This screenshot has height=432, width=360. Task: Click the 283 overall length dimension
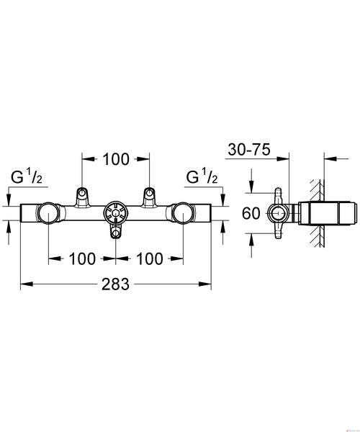pyautogui.click(x=115, y=284)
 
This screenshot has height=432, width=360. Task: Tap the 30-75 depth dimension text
pyautogui.click(x=249, y=150)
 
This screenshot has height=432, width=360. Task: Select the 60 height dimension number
pyautogui.click(x=251, y=213)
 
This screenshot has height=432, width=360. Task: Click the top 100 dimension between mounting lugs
pyautogui.click(x=116, y=159)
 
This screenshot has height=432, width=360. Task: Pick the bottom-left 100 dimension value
pyautogui.click(x=82, y=258)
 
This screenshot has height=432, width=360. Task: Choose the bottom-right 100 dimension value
pyautogui.click(x=150, y=258)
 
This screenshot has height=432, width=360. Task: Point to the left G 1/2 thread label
pyautogui.click(x=27, y=177)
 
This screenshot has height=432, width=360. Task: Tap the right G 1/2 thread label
pyautogui.click(x=202, y=177)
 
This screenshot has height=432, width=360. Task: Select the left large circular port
pyautogui.click(x=48, y=213)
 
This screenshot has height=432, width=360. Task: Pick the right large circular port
pyautogui.click(x=183, y=213)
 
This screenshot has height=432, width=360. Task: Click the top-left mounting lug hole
pyautogui.click(x=81, y=192)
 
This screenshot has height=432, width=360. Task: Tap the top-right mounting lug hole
pyautogui.click(x=149, y=192)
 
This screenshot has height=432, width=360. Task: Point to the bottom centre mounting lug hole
pyautogui.click(x=116, y=235)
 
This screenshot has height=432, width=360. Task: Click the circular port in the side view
pyautogui.click(x=279, y=213)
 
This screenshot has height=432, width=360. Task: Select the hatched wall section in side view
pyautogui.click(x=318, y=213)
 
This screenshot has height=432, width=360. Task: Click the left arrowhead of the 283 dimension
pyautogui.click(x=27, y=284)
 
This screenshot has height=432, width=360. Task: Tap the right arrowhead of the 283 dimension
pyautogui.click(x=205, y=284)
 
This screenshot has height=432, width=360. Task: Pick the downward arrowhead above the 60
pyautogui.click(x=251, y=186)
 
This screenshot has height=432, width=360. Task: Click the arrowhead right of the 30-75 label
pyautogui.click(x=283, y=159)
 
